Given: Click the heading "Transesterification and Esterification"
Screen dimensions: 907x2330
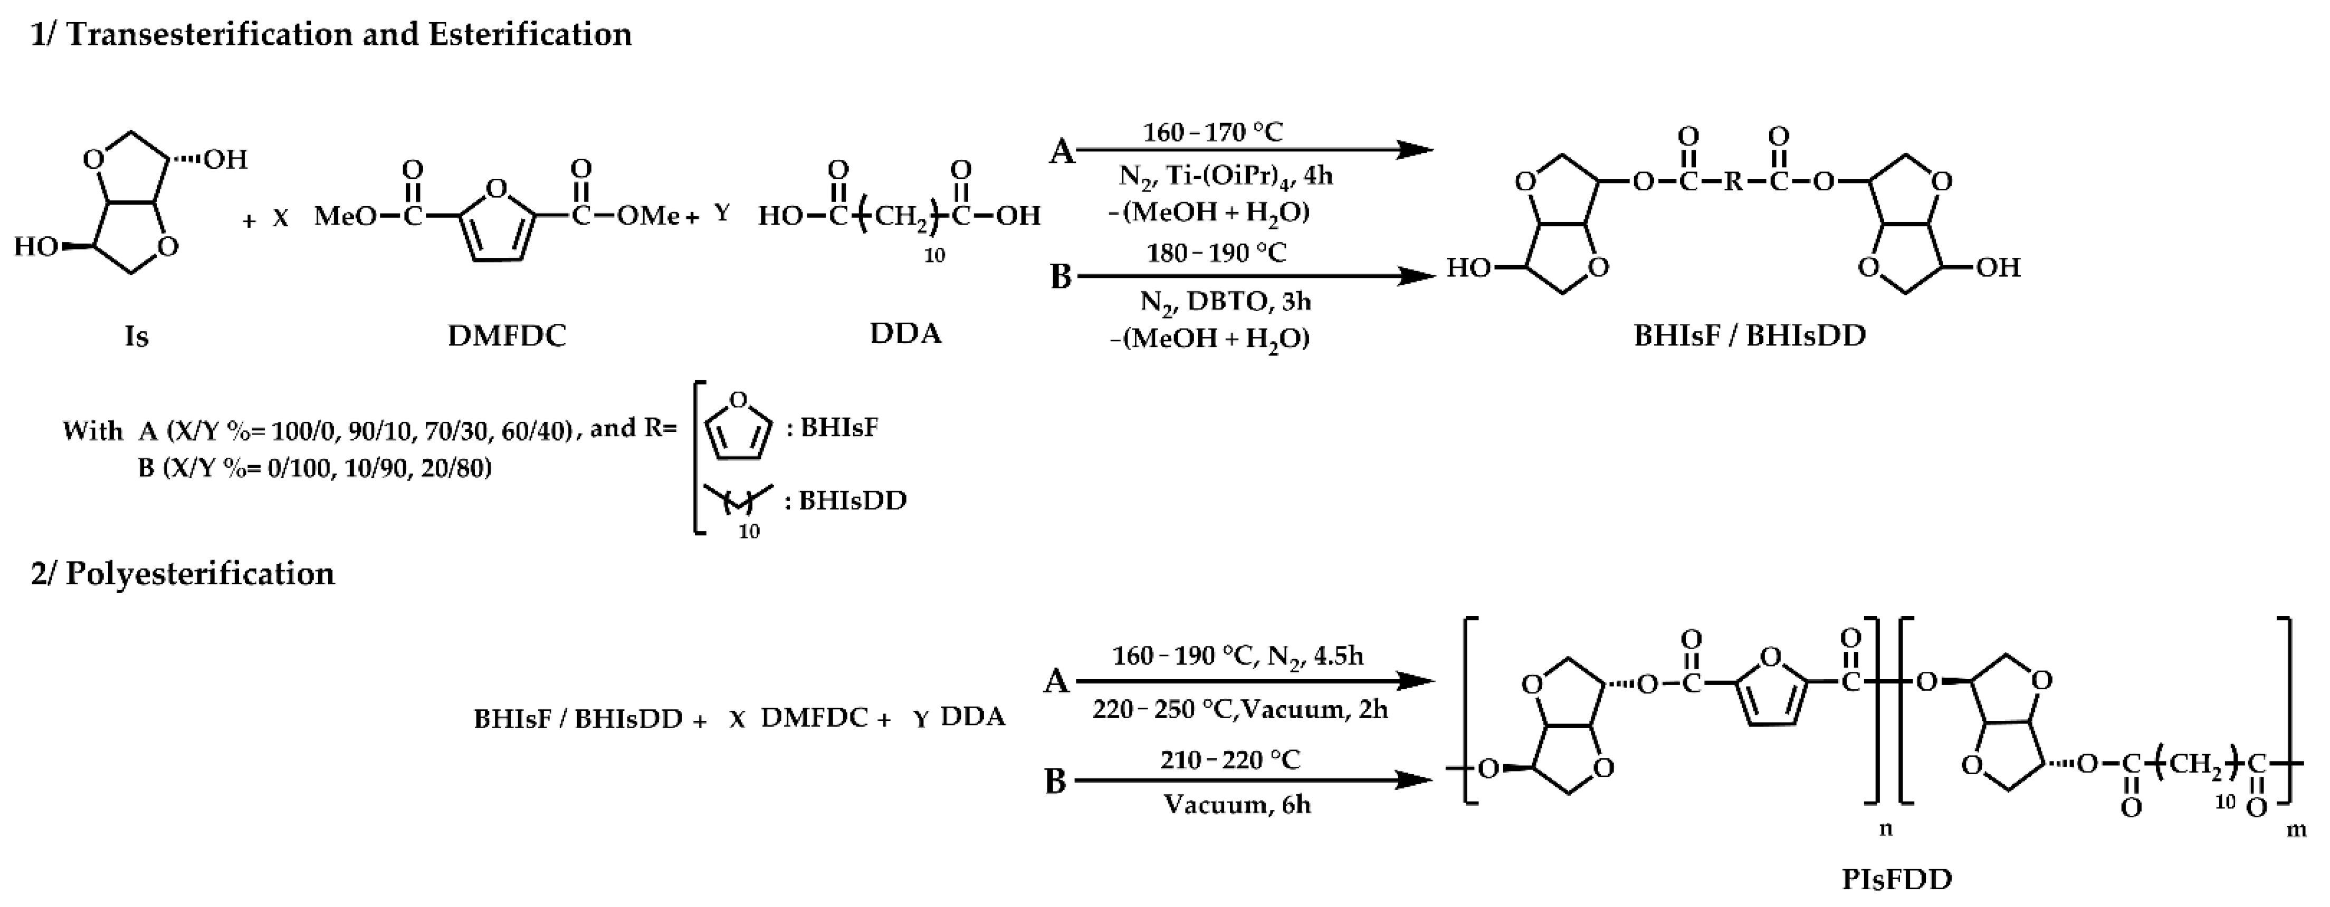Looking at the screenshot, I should pyautogui.click(x=348, y=34).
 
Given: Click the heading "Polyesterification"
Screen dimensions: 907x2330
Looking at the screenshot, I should pyautogui.click(x=199, y=573).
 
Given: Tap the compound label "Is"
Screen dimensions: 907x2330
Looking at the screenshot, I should pyautogui.click(x=137, y=336).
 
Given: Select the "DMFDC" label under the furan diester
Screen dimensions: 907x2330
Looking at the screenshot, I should pyautogui.click(x=507, y=335).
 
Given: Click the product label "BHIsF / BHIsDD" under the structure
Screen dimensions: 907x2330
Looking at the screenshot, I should pyautogui.click(x=1749, y=335).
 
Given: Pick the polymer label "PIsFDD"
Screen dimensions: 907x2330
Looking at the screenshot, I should pyautogui.click(x=1897, y=878).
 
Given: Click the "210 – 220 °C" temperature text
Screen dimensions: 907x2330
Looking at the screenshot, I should pyautogui.click(x=1230, y=759).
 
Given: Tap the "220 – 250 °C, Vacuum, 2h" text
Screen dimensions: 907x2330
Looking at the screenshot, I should pyautogui.click(x=1239, y=709).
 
